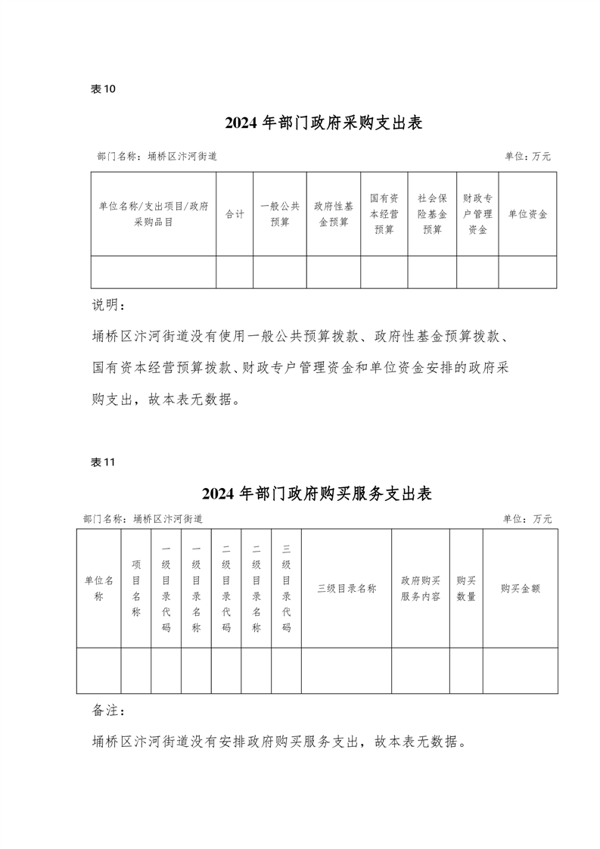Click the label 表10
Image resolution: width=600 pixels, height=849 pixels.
pyautogui.click(x=103, y=89)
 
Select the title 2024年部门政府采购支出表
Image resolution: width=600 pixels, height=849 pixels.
pyautogui.click(x=323, y=123)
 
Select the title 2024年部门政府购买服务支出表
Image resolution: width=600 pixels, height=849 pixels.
pyautogui.click(x=317, y=494)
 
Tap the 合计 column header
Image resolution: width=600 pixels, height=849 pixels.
pyautogui.click(x=235, y=214)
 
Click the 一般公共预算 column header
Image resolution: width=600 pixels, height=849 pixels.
pyautogui.click(x=280, y=214)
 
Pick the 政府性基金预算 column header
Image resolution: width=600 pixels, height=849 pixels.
pyautogui.click(x=333, y=214)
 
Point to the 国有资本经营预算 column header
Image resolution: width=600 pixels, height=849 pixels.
pyautogui.click(x=384, y=214)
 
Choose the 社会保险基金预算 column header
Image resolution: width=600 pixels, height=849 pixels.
pyautogui.click(x=432, y=214)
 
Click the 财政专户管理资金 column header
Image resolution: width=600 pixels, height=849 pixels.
pyautogui.click(x=477, y=214)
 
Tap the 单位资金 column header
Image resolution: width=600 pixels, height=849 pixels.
pyautogui.click(x=527, y=214)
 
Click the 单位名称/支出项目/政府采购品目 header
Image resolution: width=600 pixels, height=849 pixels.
pyautogui.click(x=154, y=214)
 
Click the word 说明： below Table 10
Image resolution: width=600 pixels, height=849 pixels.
pyautogui.click(x=110, y=305)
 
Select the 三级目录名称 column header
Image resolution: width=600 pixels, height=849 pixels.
pyautogui.click(x=346, y=588)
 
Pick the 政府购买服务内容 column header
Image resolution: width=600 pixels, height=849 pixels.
pyautogui.click(x=421, y=588)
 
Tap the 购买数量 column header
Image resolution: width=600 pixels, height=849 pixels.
pyautogui.click(x=466, y=588)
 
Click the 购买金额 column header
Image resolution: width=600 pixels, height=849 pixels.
pyautogui.click(x=520, y=588)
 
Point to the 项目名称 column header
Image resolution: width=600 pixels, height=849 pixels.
pyautogui.click(x=136, y=588)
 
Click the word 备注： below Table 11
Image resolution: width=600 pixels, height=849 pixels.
pyautogui.click(x=110, y=711)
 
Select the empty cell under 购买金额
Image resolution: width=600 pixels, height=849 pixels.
pyautogui.click(x=520, y=670)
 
